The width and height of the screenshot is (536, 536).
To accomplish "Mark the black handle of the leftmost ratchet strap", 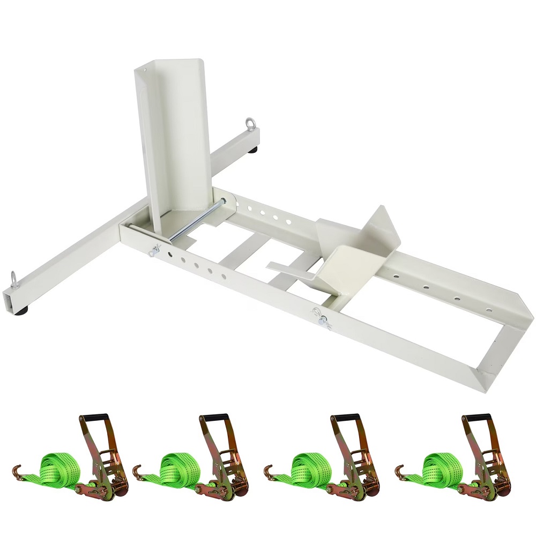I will [95, 419].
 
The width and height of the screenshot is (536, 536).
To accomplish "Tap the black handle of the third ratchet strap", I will [346, 419].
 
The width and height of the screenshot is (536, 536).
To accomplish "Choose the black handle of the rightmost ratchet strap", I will [477, 419].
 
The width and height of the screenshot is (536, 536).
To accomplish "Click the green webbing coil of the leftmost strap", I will [59, 465].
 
